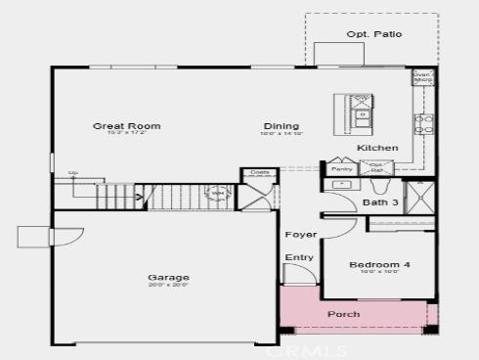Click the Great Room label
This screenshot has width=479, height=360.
[126, 126]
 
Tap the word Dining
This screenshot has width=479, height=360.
[281, 126]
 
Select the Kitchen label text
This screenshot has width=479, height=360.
[377, 148]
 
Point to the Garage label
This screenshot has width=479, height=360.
[169, 278]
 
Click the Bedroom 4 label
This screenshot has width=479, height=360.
[380, 265]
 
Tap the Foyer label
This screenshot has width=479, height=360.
[300, 235]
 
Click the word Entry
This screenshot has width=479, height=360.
[299, 258]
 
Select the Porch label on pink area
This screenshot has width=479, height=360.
[342, 314]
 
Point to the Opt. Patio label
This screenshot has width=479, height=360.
[373, 34]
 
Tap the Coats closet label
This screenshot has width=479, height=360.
[259, 172]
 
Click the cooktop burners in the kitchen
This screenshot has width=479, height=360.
[424, 123]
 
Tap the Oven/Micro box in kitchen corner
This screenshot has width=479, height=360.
[422, 77]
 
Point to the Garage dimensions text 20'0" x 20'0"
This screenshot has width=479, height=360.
[169, 287]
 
